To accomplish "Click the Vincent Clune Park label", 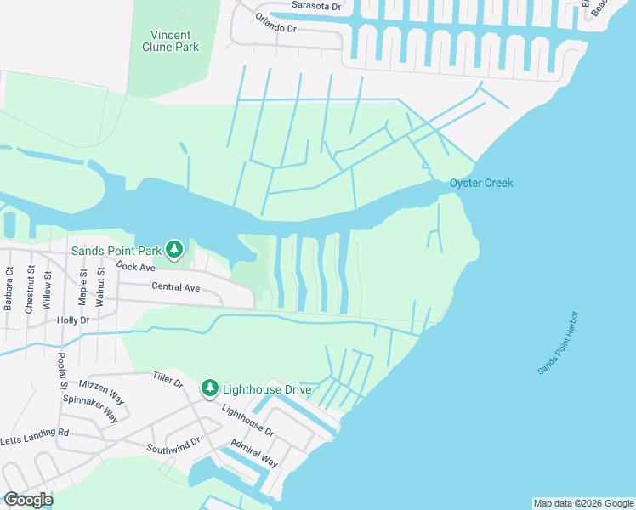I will click(174, 41).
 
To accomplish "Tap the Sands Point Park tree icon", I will click(174, 249).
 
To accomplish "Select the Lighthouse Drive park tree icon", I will click(209, 388).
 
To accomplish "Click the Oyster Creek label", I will click(481, 183).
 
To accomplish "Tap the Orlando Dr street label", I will click(275, 28).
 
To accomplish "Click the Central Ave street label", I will click(175, 287).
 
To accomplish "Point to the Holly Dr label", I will click(72, 320).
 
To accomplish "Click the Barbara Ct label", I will click(9, 289).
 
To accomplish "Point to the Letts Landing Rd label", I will click(34, 436).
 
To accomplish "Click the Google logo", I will click(28, 499).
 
